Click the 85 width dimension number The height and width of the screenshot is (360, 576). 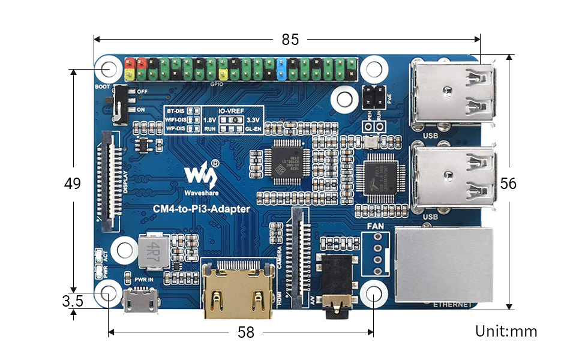click(290, 40)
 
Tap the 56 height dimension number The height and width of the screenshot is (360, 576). click(508, 184)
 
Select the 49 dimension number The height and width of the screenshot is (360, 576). click(73, 184)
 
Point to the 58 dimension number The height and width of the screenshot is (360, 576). click(246, 332)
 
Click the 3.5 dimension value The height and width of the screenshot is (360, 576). click(73, 301)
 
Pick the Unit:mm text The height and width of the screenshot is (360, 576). click(506, 331)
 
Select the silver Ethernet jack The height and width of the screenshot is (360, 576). click(445, 265)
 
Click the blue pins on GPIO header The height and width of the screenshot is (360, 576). click(283, 68)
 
